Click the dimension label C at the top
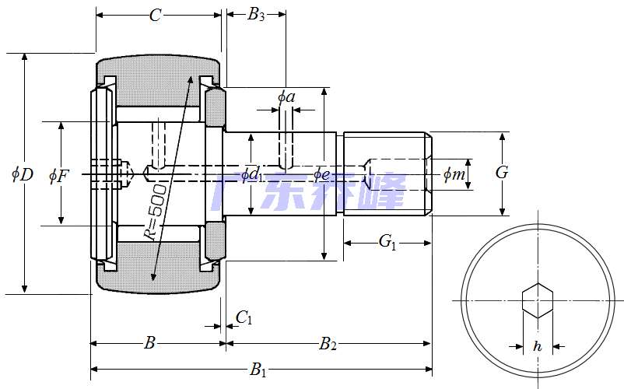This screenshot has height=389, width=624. click(155, 16)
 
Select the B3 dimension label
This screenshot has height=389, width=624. click(256, 15)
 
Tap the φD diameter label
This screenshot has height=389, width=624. click(22, 174)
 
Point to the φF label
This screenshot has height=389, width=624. click(58, 176)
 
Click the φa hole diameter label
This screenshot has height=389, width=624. click(286, 97)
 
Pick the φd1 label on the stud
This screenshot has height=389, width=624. click(251, 174)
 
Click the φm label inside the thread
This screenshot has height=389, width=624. click(454, 174)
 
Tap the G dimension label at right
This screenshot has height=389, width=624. click(502, 173)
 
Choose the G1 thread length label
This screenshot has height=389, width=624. click(387, 243)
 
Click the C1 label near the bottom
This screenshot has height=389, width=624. click(244, 317)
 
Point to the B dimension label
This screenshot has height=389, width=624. click(151, 343)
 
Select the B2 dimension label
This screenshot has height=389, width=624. click(328, 343)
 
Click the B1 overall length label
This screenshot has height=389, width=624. click(258, 370)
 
